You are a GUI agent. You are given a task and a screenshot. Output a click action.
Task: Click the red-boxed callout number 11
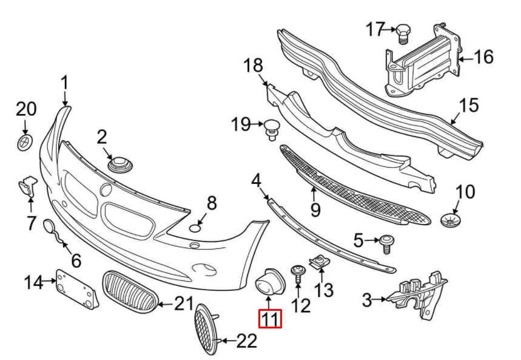(270, 319)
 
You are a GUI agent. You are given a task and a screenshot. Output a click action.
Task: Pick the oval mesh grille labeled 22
(206, 330)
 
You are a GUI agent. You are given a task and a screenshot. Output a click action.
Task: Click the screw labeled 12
(298, 273)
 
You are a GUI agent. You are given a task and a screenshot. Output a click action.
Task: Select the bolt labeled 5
(386, 243)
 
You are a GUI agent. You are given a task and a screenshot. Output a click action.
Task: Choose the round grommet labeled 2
(119, 163)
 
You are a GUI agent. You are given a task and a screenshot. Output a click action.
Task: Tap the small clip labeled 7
(26, 185)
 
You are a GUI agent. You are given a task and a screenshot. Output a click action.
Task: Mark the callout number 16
(483, 58)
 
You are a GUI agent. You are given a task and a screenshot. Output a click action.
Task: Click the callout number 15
(469, 106)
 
